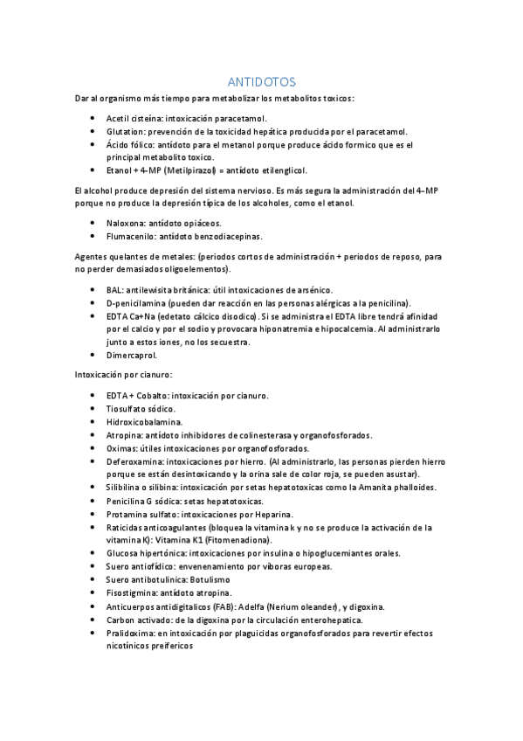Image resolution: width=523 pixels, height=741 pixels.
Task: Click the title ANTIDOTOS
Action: tap(261, 80)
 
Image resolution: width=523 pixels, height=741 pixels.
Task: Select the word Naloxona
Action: tap(124, 223)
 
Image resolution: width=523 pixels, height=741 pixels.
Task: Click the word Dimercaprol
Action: tap(131, 356)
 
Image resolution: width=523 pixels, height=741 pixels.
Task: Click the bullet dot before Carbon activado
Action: tap(94, 620)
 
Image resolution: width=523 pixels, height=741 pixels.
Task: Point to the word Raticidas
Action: tap(127, 528)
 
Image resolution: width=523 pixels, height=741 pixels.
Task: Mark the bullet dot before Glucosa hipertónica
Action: tap(94, 554)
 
